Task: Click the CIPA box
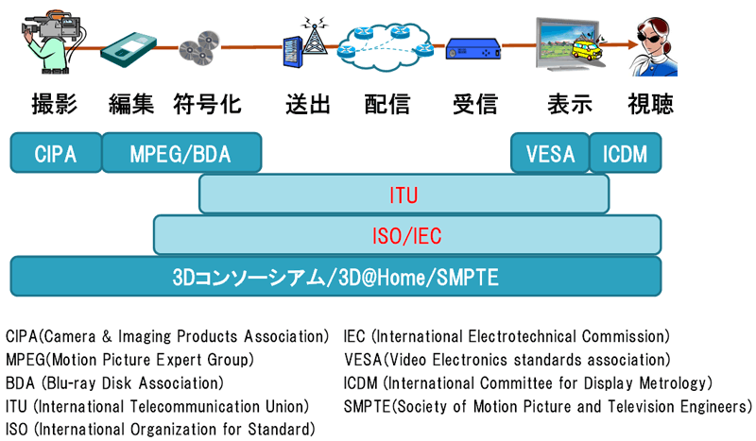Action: [55, 153]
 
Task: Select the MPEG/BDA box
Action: [180, 153]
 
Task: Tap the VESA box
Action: [549, 153]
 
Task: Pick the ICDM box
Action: [625, 153]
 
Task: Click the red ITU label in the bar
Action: [404, 195]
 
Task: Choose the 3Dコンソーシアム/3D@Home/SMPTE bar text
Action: [335, 278]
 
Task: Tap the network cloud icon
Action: [387, 40]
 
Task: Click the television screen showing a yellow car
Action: [572, 45]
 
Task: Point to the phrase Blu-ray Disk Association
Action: [129, 383]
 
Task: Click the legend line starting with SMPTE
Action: [548, 407]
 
